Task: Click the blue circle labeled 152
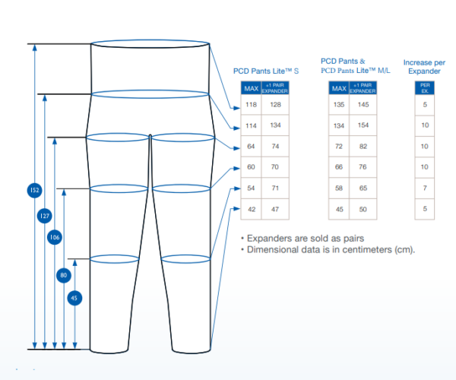35,190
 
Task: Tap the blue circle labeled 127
45,216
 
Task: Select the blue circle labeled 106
55,237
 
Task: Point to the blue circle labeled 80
64,275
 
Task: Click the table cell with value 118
251,105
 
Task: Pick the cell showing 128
275,105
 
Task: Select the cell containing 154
363,125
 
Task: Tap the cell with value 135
339,105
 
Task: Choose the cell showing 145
363,105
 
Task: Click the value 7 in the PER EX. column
425,188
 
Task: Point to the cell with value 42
252,209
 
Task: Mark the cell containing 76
363,167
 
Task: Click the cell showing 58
339,188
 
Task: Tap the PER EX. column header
425,88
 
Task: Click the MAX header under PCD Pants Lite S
252,88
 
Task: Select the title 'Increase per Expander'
424,67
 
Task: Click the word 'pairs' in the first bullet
353,239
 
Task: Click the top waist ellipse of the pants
150,40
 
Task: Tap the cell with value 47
275,209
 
